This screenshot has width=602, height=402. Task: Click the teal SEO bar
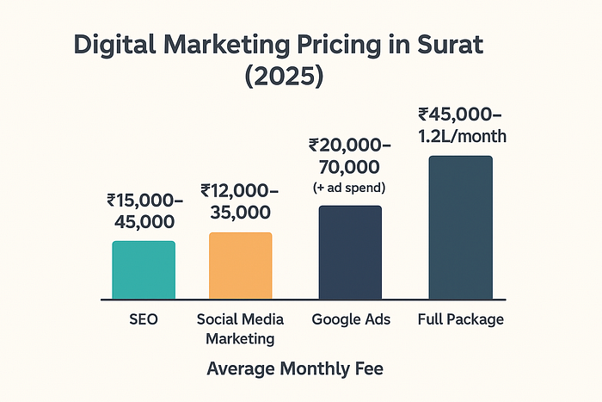click(144, 270)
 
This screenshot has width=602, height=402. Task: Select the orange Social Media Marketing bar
click(241, 266)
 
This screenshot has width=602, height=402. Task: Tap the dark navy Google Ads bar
click(351, 252)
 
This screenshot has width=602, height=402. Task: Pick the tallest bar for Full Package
click(461, 227)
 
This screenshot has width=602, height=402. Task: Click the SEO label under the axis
click(144, 319)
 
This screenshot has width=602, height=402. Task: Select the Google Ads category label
click(351, 319)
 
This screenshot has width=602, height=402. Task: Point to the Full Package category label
click(461, 319)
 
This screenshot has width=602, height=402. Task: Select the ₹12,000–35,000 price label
click(239, 201)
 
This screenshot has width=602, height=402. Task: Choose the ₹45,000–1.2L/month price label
click(460, 124)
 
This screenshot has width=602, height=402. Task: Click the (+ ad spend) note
click(350, 187)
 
